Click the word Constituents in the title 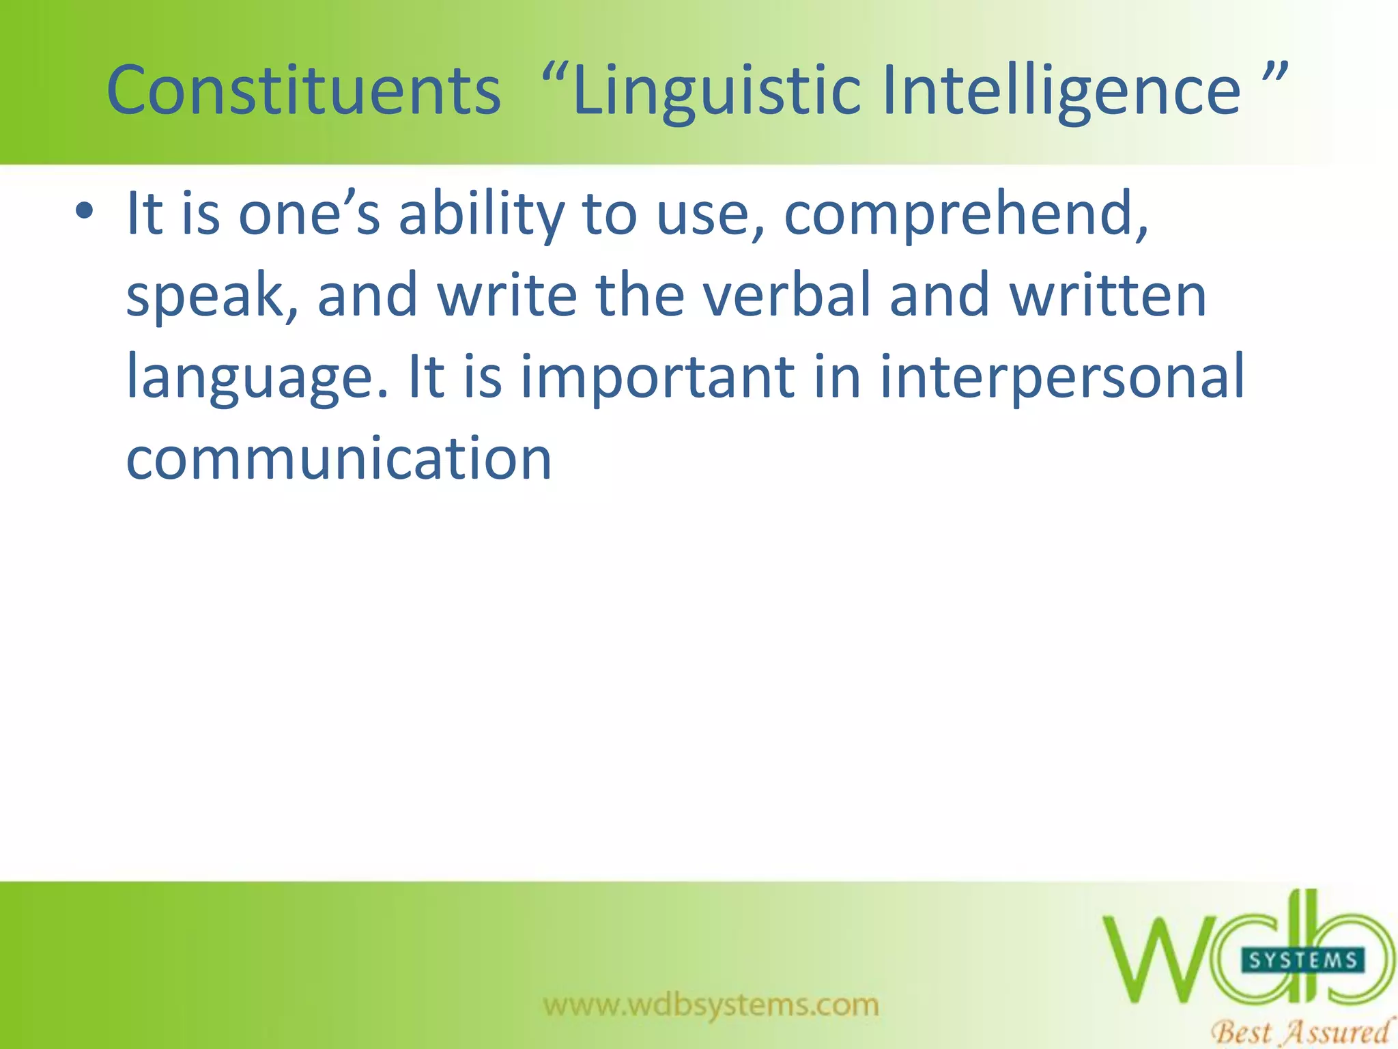pos(304,90)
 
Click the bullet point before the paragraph pos(84,211)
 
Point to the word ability pos(481,215)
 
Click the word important pos(657,377)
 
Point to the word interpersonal pos(1061,377)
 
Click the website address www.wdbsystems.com pos(711,1005)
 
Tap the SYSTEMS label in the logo pos(1302,960)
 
